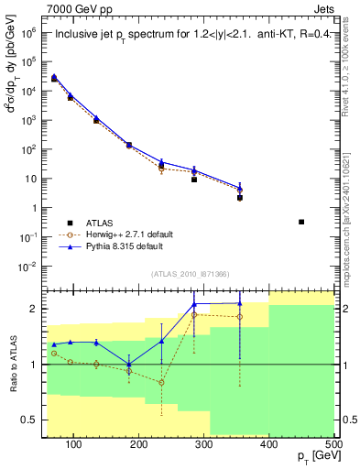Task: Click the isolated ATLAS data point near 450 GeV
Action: pos(301,222)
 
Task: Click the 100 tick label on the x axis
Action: pos(74,444)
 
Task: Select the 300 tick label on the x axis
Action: pos(204,444)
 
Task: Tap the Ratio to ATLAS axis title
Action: pos(12,362)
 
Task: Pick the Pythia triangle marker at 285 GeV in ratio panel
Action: pos(194,305)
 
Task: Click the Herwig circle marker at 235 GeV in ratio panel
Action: pos(161,382)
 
